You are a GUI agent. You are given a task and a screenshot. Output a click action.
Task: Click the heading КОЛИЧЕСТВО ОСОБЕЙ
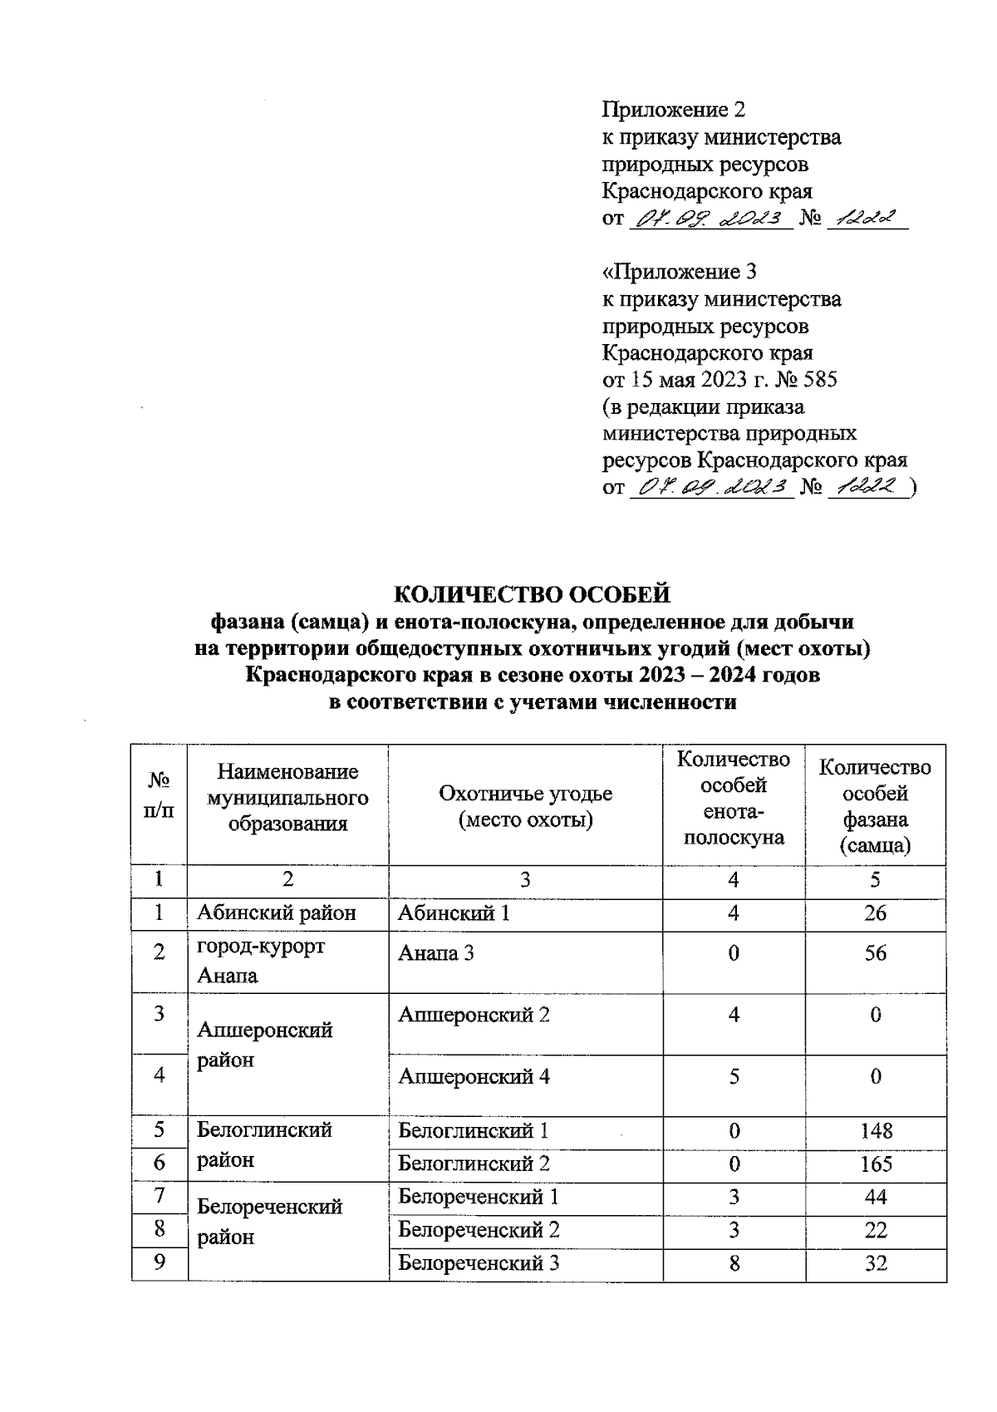coord(531,594)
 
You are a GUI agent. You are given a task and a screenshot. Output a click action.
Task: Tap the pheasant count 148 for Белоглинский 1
coord(876,1130)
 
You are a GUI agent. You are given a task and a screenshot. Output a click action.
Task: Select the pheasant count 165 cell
coord(876,1163)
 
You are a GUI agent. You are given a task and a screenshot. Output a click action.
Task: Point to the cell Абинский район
coord(276,913)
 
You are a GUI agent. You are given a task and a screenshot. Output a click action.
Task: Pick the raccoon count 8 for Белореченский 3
coord(734,1263)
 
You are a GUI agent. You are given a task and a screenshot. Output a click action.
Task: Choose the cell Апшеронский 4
coord(474,1077)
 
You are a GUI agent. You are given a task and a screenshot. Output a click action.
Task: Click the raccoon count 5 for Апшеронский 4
coord(734,1077)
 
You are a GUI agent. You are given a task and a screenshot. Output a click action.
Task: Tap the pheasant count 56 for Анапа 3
coord(876,953)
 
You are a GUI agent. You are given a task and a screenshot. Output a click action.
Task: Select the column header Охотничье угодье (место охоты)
coord(525,806)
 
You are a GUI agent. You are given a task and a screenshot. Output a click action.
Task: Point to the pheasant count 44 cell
coord(876,1197)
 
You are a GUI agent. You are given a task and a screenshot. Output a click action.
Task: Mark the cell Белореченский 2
coord(479,1230)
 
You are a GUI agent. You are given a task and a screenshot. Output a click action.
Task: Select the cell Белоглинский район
coord(264,1144)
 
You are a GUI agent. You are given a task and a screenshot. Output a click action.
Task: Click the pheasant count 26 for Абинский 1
coord(876,913)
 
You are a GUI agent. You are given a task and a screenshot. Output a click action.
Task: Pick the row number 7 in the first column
coord(160,1196)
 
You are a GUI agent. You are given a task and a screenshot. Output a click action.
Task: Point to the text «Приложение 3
coord(679,272)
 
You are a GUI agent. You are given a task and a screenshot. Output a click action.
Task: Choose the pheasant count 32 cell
coord(876,1263)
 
